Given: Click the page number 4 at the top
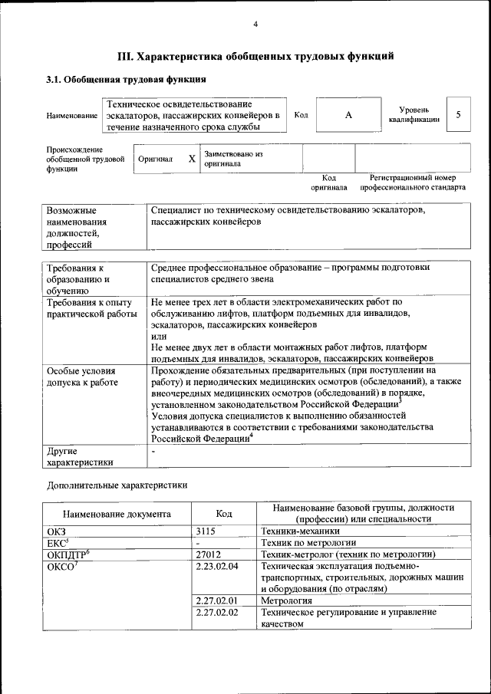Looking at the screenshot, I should pos(255,25).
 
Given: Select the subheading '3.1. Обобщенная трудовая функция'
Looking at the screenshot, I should pos(126,79).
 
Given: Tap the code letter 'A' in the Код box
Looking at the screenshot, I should pos(348,115).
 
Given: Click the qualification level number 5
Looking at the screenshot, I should pos(458,115).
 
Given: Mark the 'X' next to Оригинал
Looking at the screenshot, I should pos(192,159).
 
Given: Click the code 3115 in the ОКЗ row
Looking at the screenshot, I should pos(206,530).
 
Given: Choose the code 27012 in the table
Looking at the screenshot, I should pos(209,554).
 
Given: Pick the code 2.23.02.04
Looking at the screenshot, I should pos(217,566).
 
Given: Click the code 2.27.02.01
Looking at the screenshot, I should pos(217,600).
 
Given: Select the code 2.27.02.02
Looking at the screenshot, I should pos(217,613).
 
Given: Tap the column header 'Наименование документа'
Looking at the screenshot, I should pos(117,514).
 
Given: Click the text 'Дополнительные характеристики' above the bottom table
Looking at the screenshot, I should pos(117,485).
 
